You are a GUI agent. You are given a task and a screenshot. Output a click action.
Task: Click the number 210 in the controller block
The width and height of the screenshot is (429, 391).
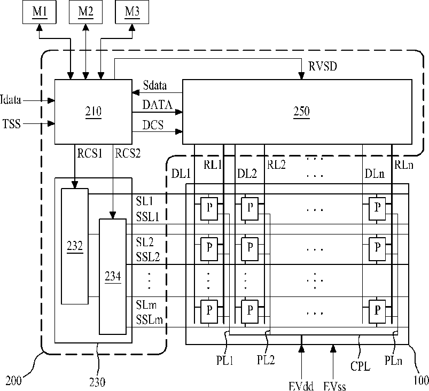click(x=93, y=111)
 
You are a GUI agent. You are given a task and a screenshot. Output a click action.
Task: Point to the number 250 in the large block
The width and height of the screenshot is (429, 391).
click(x=301, y=111)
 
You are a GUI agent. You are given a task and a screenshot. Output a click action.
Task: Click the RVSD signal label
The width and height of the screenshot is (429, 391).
click(x=323, y=66)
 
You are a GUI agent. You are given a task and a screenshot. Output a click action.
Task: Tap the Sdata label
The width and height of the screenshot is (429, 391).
click(x=155, y=85)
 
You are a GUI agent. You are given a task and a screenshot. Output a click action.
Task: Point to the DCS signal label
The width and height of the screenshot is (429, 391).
click(x=153, y=125)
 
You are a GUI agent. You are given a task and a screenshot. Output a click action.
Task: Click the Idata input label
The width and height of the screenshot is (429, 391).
click(x=11, y=99)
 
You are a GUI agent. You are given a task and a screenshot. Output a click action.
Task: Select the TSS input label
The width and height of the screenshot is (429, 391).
click(x=12, y=124)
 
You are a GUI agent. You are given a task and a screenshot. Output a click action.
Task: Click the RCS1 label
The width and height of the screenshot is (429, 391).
click(x=90, y=153)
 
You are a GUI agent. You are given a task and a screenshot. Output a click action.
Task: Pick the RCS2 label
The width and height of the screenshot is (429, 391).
click(x=128, y=153)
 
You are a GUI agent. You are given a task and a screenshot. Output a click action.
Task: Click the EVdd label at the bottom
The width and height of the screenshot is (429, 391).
click(x=301, y=386)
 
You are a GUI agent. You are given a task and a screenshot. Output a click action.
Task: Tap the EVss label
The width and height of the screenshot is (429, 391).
click(x=334, y=386)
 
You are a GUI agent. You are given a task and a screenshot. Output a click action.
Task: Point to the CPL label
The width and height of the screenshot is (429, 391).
click(x=360, y=366)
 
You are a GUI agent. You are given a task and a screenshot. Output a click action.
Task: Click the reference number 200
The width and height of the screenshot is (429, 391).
click(x=13, y=381)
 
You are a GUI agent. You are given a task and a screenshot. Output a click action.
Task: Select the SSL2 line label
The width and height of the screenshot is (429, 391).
click(x=148, y=257)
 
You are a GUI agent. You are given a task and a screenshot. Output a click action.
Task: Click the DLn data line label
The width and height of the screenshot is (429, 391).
click(x=375, y=174)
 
